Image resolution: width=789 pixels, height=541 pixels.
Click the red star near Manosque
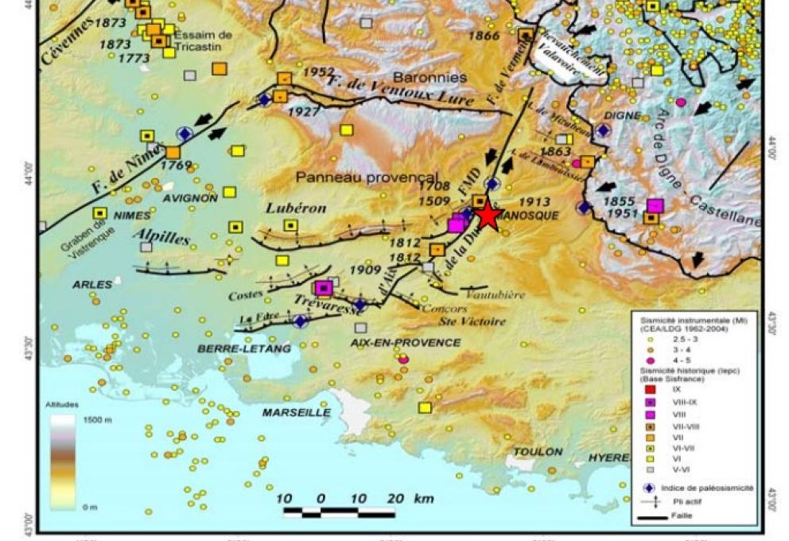[488, 216]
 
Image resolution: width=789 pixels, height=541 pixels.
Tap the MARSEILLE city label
[297, 412]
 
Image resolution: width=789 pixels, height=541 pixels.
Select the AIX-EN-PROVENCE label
[405, 342]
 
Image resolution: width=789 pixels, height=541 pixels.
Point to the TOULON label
[538, 451]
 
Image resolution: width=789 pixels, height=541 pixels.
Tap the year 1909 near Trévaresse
[365, 270]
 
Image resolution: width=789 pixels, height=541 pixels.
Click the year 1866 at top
[484, 35]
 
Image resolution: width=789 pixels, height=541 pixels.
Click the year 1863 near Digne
[556, 151]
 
